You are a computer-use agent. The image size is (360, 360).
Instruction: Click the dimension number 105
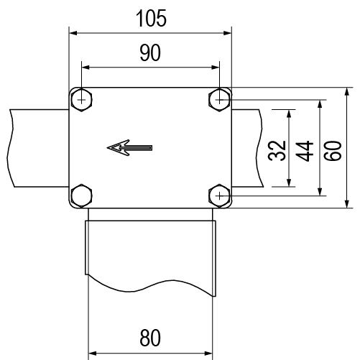pos(151,19)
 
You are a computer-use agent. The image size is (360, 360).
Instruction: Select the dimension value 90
pos(150,52)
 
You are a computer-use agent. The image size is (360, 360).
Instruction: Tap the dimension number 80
pos(150,338)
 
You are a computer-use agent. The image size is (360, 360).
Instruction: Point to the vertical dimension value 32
pos(277,151)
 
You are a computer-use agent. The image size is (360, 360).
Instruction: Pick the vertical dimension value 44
pos(305,151)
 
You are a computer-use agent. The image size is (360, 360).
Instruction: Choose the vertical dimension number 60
pos(333,151)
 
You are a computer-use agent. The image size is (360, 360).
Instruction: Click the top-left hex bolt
pos(82,100)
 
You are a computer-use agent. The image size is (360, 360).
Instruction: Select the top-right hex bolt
pos(219,100)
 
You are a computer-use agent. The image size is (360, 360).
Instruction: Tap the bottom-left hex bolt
pos(82,195)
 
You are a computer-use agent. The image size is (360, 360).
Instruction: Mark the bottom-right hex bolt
pos(219,195)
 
